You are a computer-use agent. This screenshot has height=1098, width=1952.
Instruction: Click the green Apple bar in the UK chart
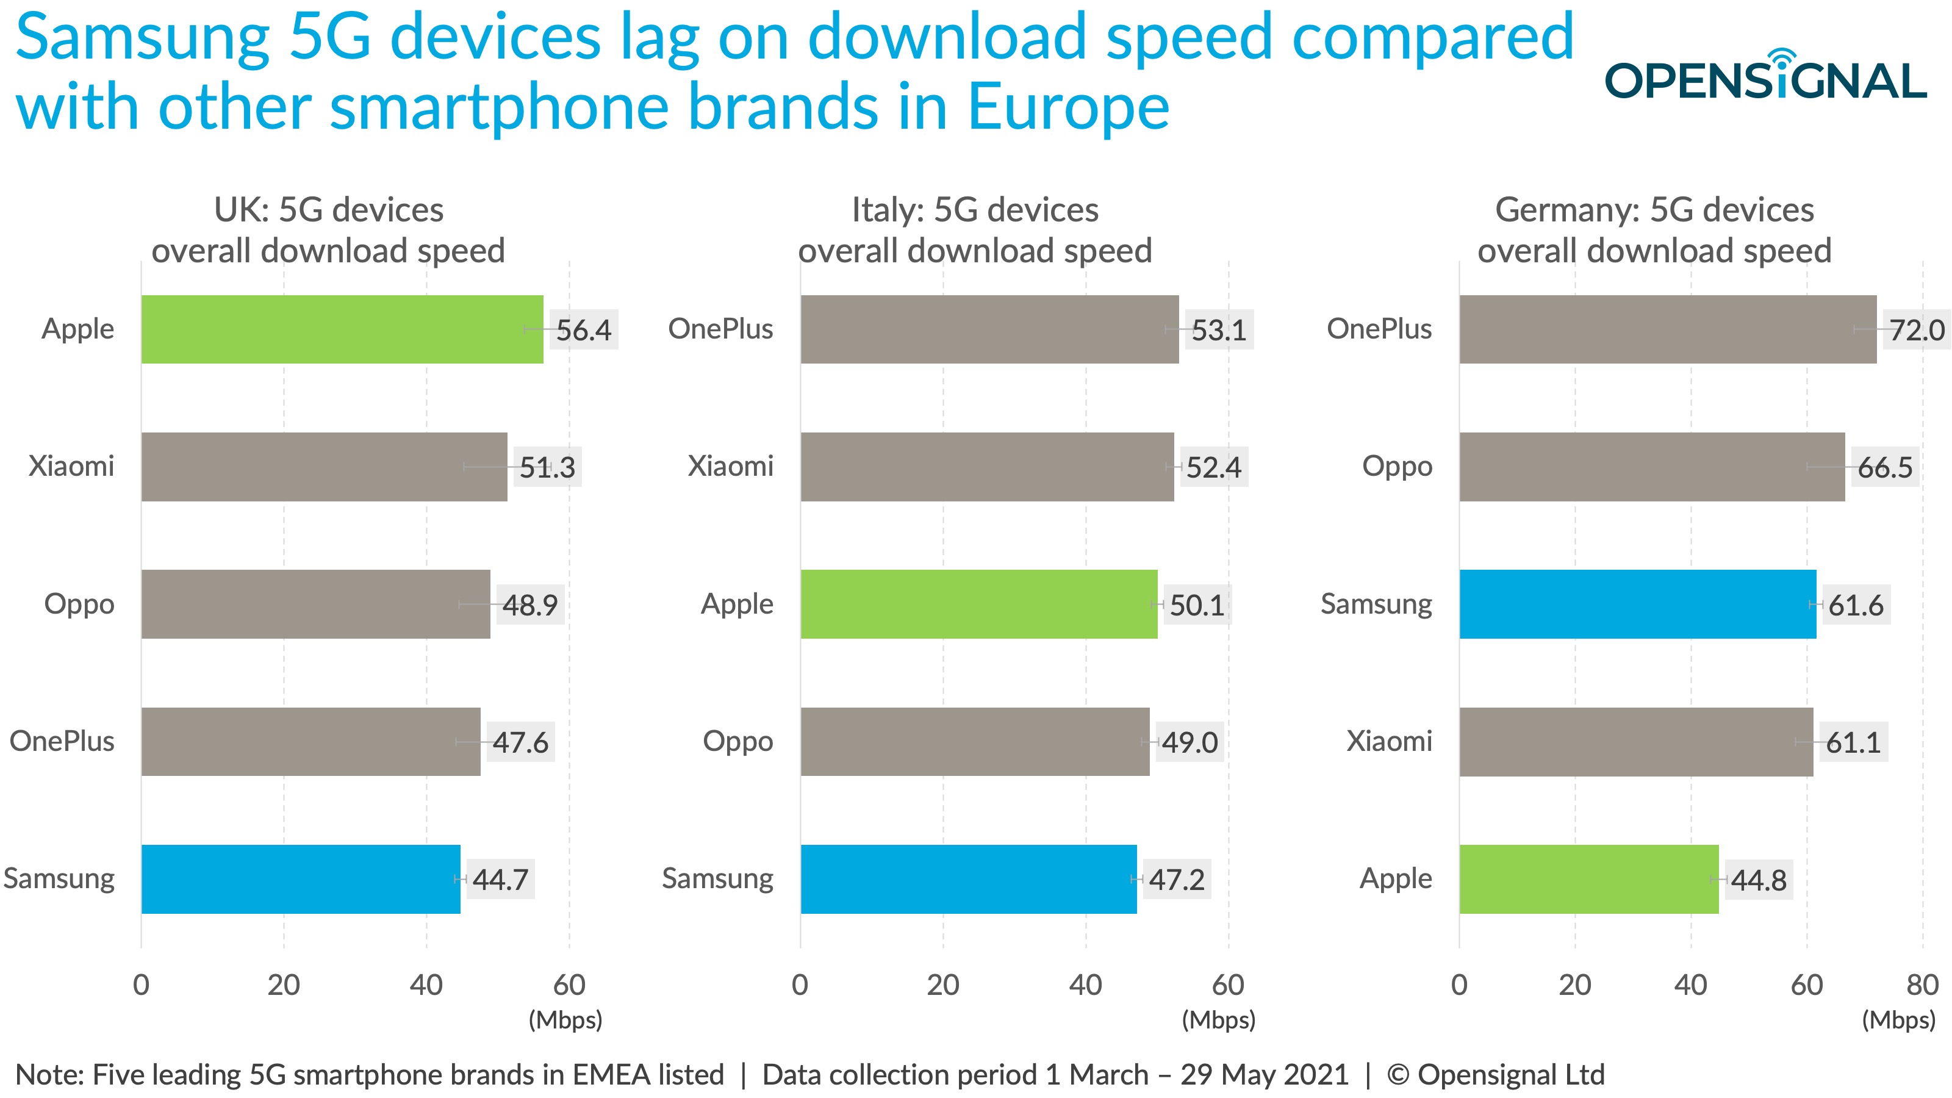(342, 329)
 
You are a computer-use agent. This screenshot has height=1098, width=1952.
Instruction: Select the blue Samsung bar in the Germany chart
(1637, 604)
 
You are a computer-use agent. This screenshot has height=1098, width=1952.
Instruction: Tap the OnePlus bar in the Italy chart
(989, 329)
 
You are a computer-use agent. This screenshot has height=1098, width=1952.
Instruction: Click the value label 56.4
(584, 329)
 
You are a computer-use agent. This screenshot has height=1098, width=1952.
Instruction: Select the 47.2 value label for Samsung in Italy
(1176, 879)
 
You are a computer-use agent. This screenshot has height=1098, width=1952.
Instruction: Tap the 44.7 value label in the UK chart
(500, 879)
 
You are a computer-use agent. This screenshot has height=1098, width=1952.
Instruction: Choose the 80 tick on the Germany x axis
(1921, 985)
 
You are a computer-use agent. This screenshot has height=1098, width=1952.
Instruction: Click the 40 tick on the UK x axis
(426, 985)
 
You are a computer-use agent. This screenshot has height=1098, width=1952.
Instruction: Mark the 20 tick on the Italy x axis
(942, 985)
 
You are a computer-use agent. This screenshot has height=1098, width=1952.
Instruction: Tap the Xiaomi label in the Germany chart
(1389, 741)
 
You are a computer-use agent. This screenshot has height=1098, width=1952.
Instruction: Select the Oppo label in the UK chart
(79, 604)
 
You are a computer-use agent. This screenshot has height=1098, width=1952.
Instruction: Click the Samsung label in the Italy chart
(717, 878)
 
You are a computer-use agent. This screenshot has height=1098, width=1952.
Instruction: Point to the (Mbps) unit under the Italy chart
(1219, 1020)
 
